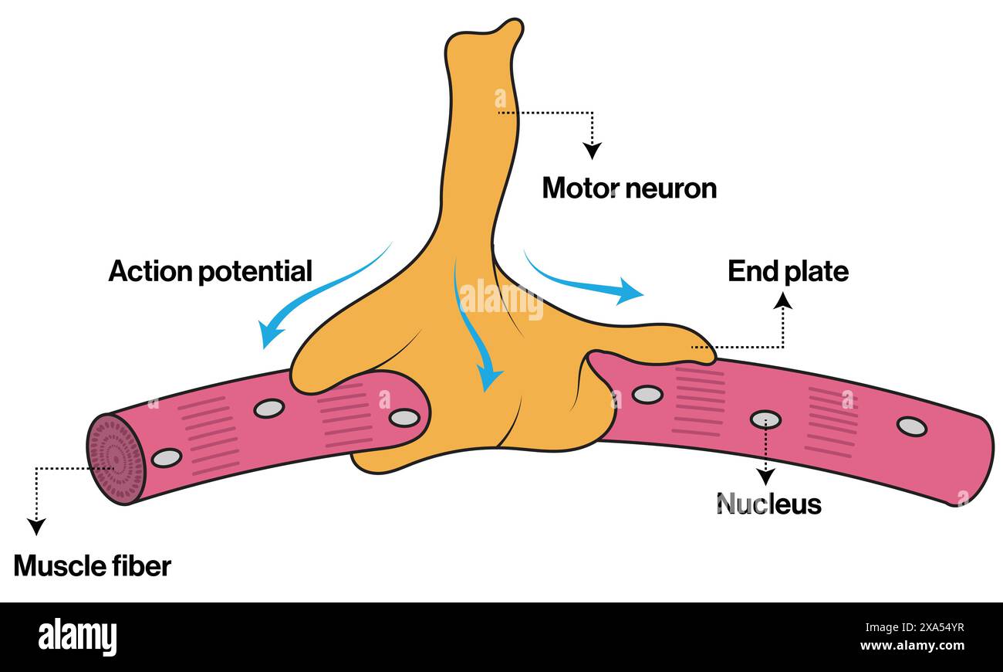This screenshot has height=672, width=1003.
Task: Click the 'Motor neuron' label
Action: [629, 188]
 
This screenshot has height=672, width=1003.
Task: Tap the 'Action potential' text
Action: [210, 271]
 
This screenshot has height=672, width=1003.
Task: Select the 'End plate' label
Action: [788, 271]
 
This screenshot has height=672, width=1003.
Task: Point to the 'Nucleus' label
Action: [768, 504]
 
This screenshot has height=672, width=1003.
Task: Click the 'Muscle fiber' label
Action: [92, 566]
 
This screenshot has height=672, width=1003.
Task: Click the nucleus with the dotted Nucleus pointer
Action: [765, 419]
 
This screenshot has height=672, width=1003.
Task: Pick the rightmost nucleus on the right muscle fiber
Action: [911, 426]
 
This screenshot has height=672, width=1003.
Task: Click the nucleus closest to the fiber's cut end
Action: [167, 457]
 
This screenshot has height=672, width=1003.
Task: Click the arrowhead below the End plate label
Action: [783, 300]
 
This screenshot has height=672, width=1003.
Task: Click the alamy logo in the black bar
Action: [78, 637]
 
